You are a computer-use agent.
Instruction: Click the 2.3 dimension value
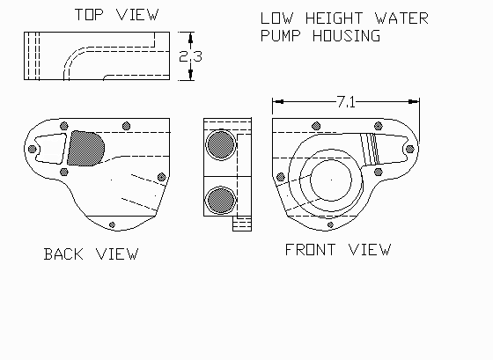click(x=190, y=56)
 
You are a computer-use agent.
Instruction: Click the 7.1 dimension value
click(x=346, y=102)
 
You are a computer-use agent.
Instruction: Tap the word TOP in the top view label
click(x=89, y=15)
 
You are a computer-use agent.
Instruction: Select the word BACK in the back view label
click(x=63, y=254)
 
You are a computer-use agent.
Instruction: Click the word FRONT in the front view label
click(x=310, y=250)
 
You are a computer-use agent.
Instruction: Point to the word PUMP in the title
click(x=281, y=35)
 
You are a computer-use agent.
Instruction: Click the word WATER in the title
click(x=401, y=18)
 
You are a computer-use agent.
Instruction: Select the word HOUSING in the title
click(x=346, y=35)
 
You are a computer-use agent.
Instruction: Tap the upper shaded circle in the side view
click(x=221, y=144)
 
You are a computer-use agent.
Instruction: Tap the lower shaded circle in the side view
click(x=221, y=200)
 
